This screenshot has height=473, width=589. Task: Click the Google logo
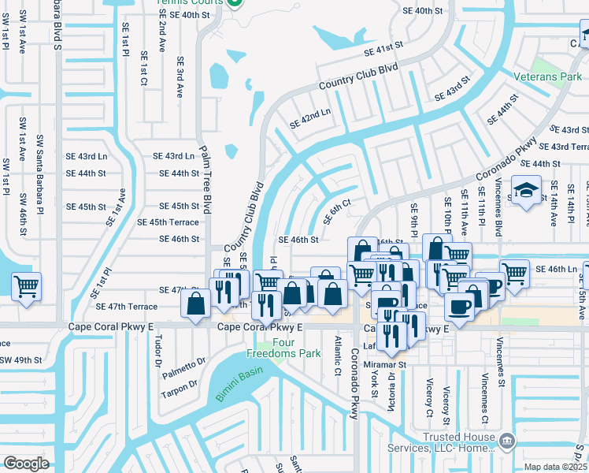pos(26,463)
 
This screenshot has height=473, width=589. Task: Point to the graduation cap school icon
pos(525,190)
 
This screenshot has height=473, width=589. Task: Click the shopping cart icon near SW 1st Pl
pos(26,287)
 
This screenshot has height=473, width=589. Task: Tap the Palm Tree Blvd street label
pos(207,180)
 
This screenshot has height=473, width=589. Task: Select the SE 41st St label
pos(383,50)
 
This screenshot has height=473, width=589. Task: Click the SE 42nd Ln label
pos(309,118)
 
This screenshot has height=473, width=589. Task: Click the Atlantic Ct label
pos(337,356)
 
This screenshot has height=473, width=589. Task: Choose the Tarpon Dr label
pos(179,389)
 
